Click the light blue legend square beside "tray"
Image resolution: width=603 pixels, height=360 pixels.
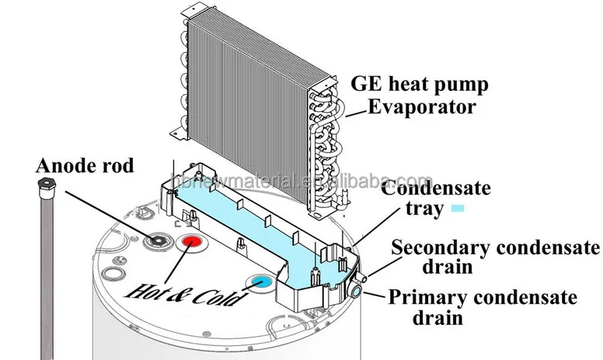tap(458, 208)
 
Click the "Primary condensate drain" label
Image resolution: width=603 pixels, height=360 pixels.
tap(482, 307)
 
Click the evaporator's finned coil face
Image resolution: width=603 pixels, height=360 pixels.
tap(241, 109)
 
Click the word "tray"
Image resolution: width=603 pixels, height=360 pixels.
tap(423, 208)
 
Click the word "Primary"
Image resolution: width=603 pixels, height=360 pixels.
tap(423, 298)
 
